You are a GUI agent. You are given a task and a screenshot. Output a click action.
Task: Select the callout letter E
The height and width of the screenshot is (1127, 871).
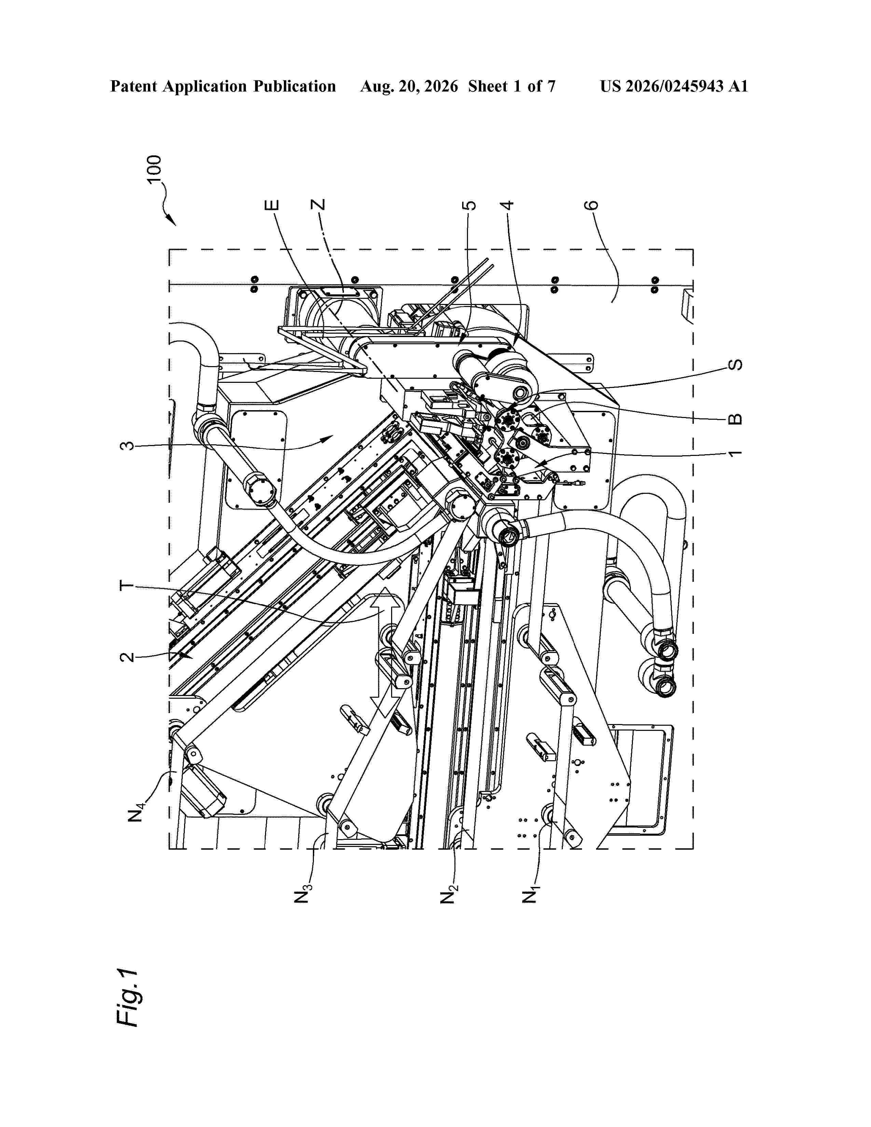272,205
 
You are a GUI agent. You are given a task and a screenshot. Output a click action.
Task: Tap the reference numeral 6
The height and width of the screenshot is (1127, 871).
592,205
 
